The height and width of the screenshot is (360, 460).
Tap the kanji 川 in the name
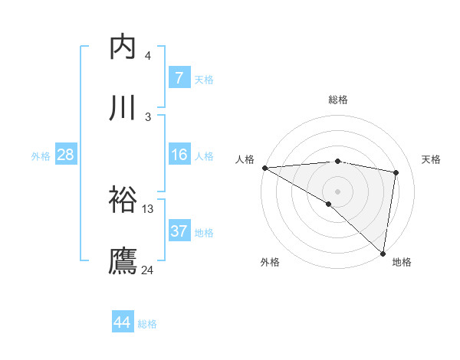(x=123, y=108)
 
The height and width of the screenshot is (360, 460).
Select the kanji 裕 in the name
(x=123, y=201)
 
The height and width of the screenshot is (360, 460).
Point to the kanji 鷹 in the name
(x=123, y=260)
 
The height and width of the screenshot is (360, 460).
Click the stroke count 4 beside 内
(x=147, y=56)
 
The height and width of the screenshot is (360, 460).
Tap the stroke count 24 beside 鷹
(x=147, y=270)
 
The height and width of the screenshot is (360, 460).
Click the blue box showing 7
(x=179, y=78)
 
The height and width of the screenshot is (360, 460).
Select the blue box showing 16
(x=179, y=155)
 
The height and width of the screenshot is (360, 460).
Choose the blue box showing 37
(x=179, y=231)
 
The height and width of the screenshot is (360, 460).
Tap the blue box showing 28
(x=65, y=155)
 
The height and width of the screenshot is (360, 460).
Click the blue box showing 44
(x=123, y=322)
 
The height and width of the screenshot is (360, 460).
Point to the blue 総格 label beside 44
(x=147, y=324)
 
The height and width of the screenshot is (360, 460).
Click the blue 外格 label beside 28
(x=41, y=156)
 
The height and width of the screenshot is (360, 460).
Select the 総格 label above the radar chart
(x=338, y=100)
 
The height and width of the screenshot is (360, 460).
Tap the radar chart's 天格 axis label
(x=432, y=159)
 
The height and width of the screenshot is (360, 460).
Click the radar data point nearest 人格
(x=264, y=168)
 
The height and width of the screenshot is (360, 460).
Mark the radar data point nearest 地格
(x=383, y=254)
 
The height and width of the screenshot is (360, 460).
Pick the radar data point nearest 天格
(x=396, y=172)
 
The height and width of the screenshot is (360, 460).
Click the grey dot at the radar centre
(x=337, y=191)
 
